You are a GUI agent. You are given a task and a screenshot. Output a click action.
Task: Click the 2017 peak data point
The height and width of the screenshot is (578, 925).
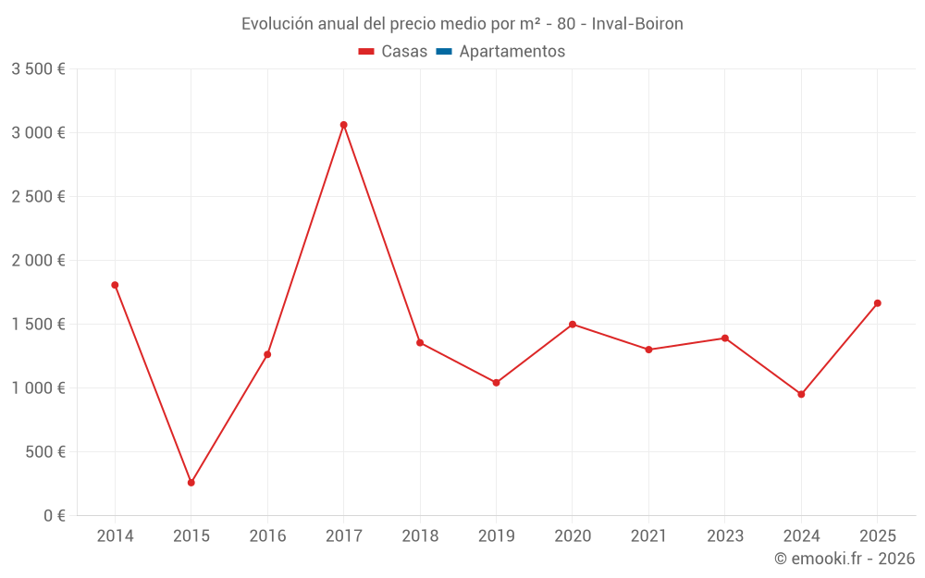pyautogui.click(x=343, y=125)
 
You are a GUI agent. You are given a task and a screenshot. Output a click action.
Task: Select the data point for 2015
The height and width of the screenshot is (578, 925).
pyautogui.click(x=191, y=483)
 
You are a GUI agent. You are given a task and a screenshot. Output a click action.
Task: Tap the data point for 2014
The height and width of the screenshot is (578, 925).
pyautogui.click(x=115, y=285)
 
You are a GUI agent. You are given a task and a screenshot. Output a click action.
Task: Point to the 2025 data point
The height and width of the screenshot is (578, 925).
pyautogui.click(x=877, y=303)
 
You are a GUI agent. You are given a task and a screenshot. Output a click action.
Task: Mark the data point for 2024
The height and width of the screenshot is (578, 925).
pyautogui.click(x=801, y=394)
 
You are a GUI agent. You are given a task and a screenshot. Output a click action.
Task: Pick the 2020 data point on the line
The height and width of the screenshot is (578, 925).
pyautogui.click(x=573, y=325)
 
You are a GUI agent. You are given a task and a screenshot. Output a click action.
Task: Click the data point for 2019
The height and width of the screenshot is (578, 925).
pyautogui.click(x=496, y=383)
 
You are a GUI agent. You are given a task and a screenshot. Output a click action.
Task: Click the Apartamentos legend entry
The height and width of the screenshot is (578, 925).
pyautogui.click(x=512, y=52)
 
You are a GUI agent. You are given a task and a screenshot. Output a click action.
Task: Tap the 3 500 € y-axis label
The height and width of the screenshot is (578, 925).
pyautogui.click(x=38, y=69)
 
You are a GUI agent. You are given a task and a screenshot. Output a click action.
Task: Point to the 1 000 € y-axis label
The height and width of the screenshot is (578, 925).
pyautogui.click(x=38, y=388)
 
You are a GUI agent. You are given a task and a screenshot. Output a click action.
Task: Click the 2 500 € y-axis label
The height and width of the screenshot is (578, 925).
pyautogui.click(x=38, y=197)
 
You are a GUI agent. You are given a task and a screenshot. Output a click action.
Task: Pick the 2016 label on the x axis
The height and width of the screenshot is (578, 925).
pyautogui.click(x=267, y=536)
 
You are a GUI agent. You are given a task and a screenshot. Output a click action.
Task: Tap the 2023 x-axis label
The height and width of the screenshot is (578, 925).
pyautogui.click(x=725, y=536)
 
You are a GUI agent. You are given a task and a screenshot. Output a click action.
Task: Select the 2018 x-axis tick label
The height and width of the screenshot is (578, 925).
pyautogui.click(x=420, y=536)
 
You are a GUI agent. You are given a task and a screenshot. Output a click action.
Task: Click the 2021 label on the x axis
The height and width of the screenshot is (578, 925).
pyautogui.click(x=648, y=536)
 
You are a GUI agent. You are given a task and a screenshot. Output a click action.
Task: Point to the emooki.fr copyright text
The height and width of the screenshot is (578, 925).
pyautogui.click(x=845, y=559)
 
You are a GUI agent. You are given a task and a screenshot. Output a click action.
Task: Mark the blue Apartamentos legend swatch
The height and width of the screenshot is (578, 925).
pyautogui.click(x=443, y=52)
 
